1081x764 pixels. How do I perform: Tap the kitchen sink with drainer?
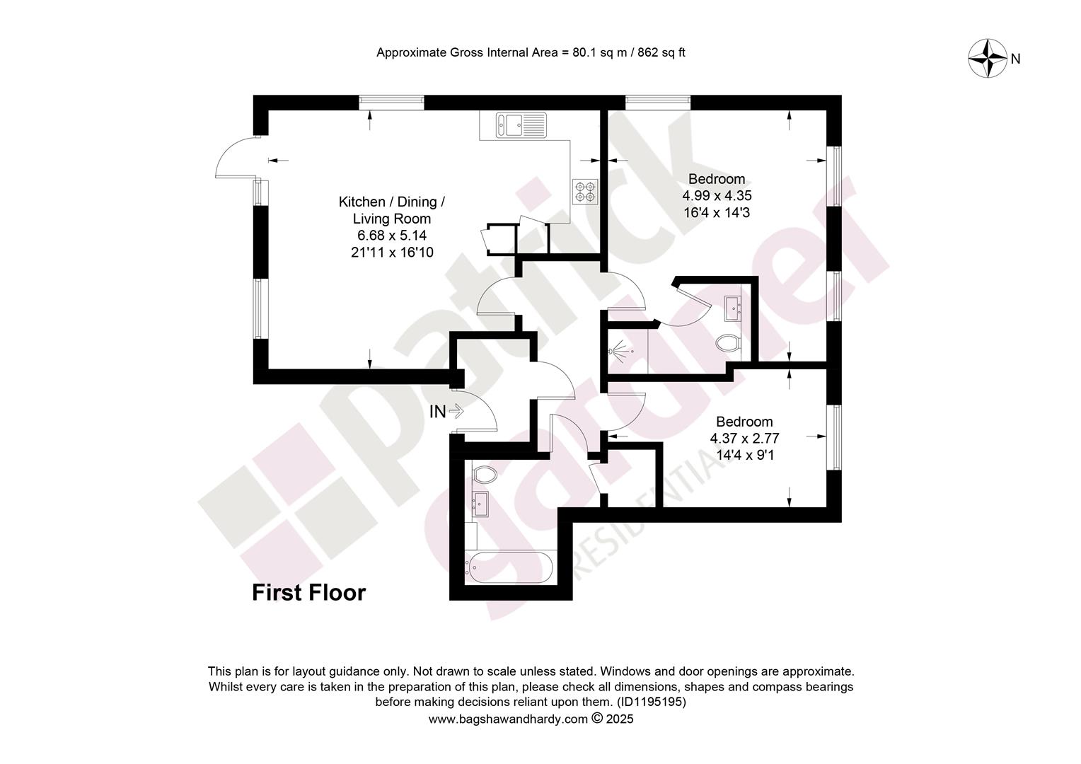pyautogui.click(x=521, y=125)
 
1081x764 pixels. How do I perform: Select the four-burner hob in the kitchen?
pyautogui.click(x=585, y=192)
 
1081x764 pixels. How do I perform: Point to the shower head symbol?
pyautogui.click(x=619, y=351)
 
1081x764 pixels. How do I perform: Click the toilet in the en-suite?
pyautogui.click(x=727, y=344)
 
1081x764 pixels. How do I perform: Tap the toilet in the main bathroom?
pyautogui.click(x=485, y=475)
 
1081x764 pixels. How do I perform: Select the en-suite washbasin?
pyautogui.click(x=733, y=308)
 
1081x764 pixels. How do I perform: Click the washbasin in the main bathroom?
pyautogui.click(x=480, y=504)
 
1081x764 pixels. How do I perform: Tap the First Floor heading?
pyautogui.click(x=309, y=593)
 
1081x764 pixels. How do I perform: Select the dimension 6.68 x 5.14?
pyautogui.click(x=392, y=236)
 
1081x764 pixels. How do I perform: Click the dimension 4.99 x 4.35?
pyautogui.click(x=717, y=196)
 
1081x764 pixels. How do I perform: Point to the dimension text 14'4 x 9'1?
pyautogui.click(x=745, y=455)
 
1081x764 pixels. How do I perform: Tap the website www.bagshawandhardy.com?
pyautogui.click(x=508, y=719)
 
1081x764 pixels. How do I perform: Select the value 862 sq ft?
pyautogui.click(x=661, y=52)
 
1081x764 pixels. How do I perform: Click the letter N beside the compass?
pyautogui.click(x=1015, y=59)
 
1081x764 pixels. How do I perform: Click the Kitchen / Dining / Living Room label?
pyautogui.click(x=391, y=210)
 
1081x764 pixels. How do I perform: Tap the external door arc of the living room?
pyautogui.click(x=226, y=149)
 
